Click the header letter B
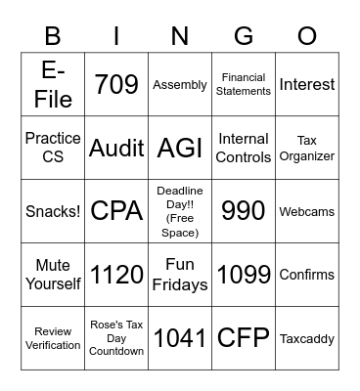[x=53, y=37]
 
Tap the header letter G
[x=244, y=37]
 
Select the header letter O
[x=307, y=37]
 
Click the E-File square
[x=53, y=84]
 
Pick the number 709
[x=116, y=84]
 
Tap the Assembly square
[x=180, y=85]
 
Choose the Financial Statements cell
[x=244, y=84]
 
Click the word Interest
[x=307, y=85]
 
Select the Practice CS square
[x=53, y=148]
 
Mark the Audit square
[x=116, y=149]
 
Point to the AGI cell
[x=180, y=149]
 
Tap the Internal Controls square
[x=244, y=148]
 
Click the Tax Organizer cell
[x=307, y=148]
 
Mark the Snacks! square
[x=53, y=211]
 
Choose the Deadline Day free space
[x=180, y=211]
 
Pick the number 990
[x=244, y=211]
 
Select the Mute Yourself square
[x=53, y=275]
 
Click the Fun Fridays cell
[x=180, y=275]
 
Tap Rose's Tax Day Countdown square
[x=116, y=338]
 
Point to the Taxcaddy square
[x=307, y=338]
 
